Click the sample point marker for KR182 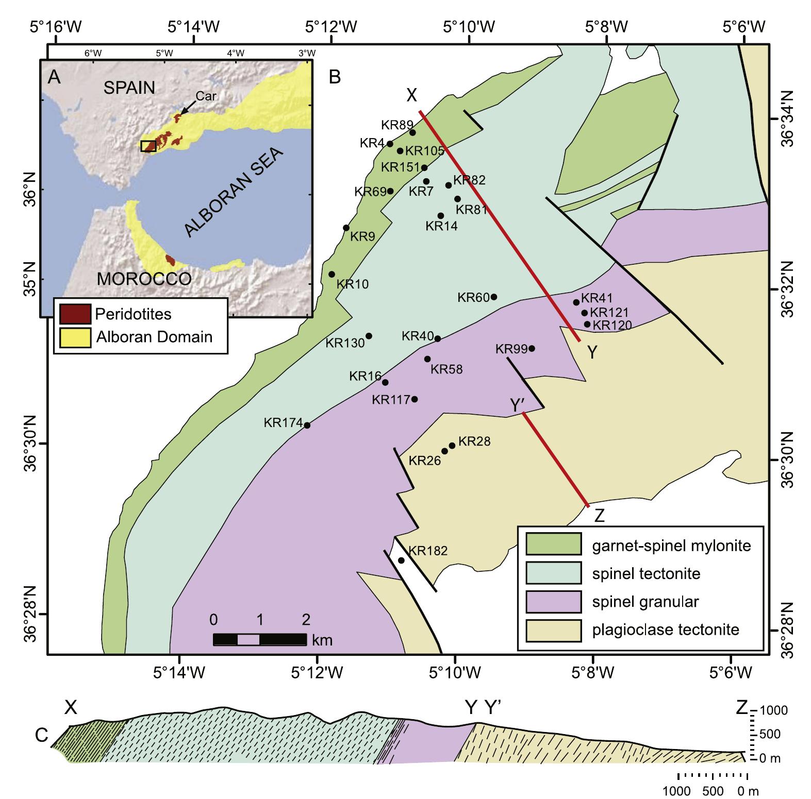(x=401, y=560)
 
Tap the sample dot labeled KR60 (x=494, y=297)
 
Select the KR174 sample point (x=307, y=425)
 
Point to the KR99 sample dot (x=532, y=348)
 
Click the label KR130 (x=345, y=343)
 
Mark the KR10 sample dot (x=332, y=274)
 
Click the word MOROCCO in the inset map (x=144, y=279)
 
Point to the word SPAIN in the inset (x=129, y=88)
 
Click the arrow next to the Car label (x=188, y=108)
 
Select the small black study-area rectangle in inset (x=148, y=146)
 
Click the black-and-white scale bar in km (x=259, y=639)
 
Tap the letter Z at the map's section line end (x=599, y=516)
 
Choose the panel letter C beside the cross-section (x=42, y=737)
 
